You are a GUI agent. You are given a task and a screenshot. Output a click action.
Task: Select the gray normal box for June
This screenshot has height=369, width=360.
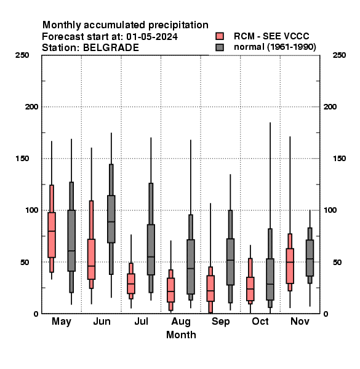coord(111,219)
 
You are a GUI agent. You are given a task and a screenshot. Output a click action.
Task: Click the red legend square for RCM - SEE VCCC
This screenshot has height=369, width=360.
coord(220,36)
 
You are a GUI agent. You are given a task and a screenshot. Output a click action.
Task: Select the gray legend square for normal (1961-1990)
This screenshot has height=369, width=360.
coord(220,47)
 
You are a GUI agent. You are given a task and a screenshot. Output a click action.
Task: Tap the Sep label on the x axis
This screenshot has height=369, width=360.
coord(220,322)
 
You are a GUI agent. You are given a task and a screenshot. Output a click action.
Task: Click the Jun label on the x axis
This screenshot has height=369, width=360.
coord(102,321)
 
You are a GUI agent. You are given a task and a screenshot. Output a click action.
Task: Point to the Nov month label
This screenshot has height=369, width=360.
coord(300,321)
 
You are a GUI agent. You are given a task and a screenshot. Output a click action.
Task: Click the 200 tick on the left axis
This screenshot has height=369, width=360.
coord(31,107)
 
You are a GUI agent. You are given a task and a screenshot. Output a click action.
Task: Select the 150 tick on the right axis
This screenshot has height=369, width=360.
coord(340,159)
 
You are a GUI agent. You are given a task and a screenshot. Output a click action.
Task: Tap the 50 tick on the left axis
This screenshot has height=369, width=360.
coord(24,262)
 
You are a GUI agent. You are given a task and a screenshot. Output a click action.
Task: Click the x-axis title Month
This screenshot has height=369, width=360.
coord(181,335)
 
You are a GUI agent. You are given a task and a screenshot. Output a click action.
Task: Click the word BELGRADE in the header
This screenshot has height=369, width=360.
coord(111,48)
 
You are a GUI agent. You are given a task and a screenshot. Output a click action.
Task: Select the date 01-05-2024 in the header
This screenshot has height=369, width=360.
coord(152,37)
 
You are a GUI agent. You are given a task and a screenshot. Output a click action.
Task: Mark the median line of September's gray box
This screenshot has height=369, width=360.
coord(230,260)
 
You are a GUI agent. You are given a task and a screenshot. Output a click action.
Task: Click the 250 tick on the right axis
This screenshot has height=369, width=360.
coord(340,55)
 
